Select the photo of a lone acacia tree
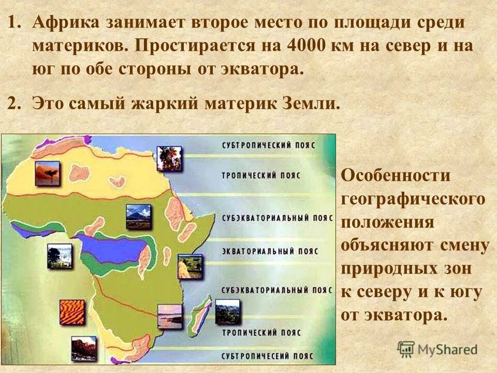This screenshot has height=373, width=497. pos(48,174)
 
